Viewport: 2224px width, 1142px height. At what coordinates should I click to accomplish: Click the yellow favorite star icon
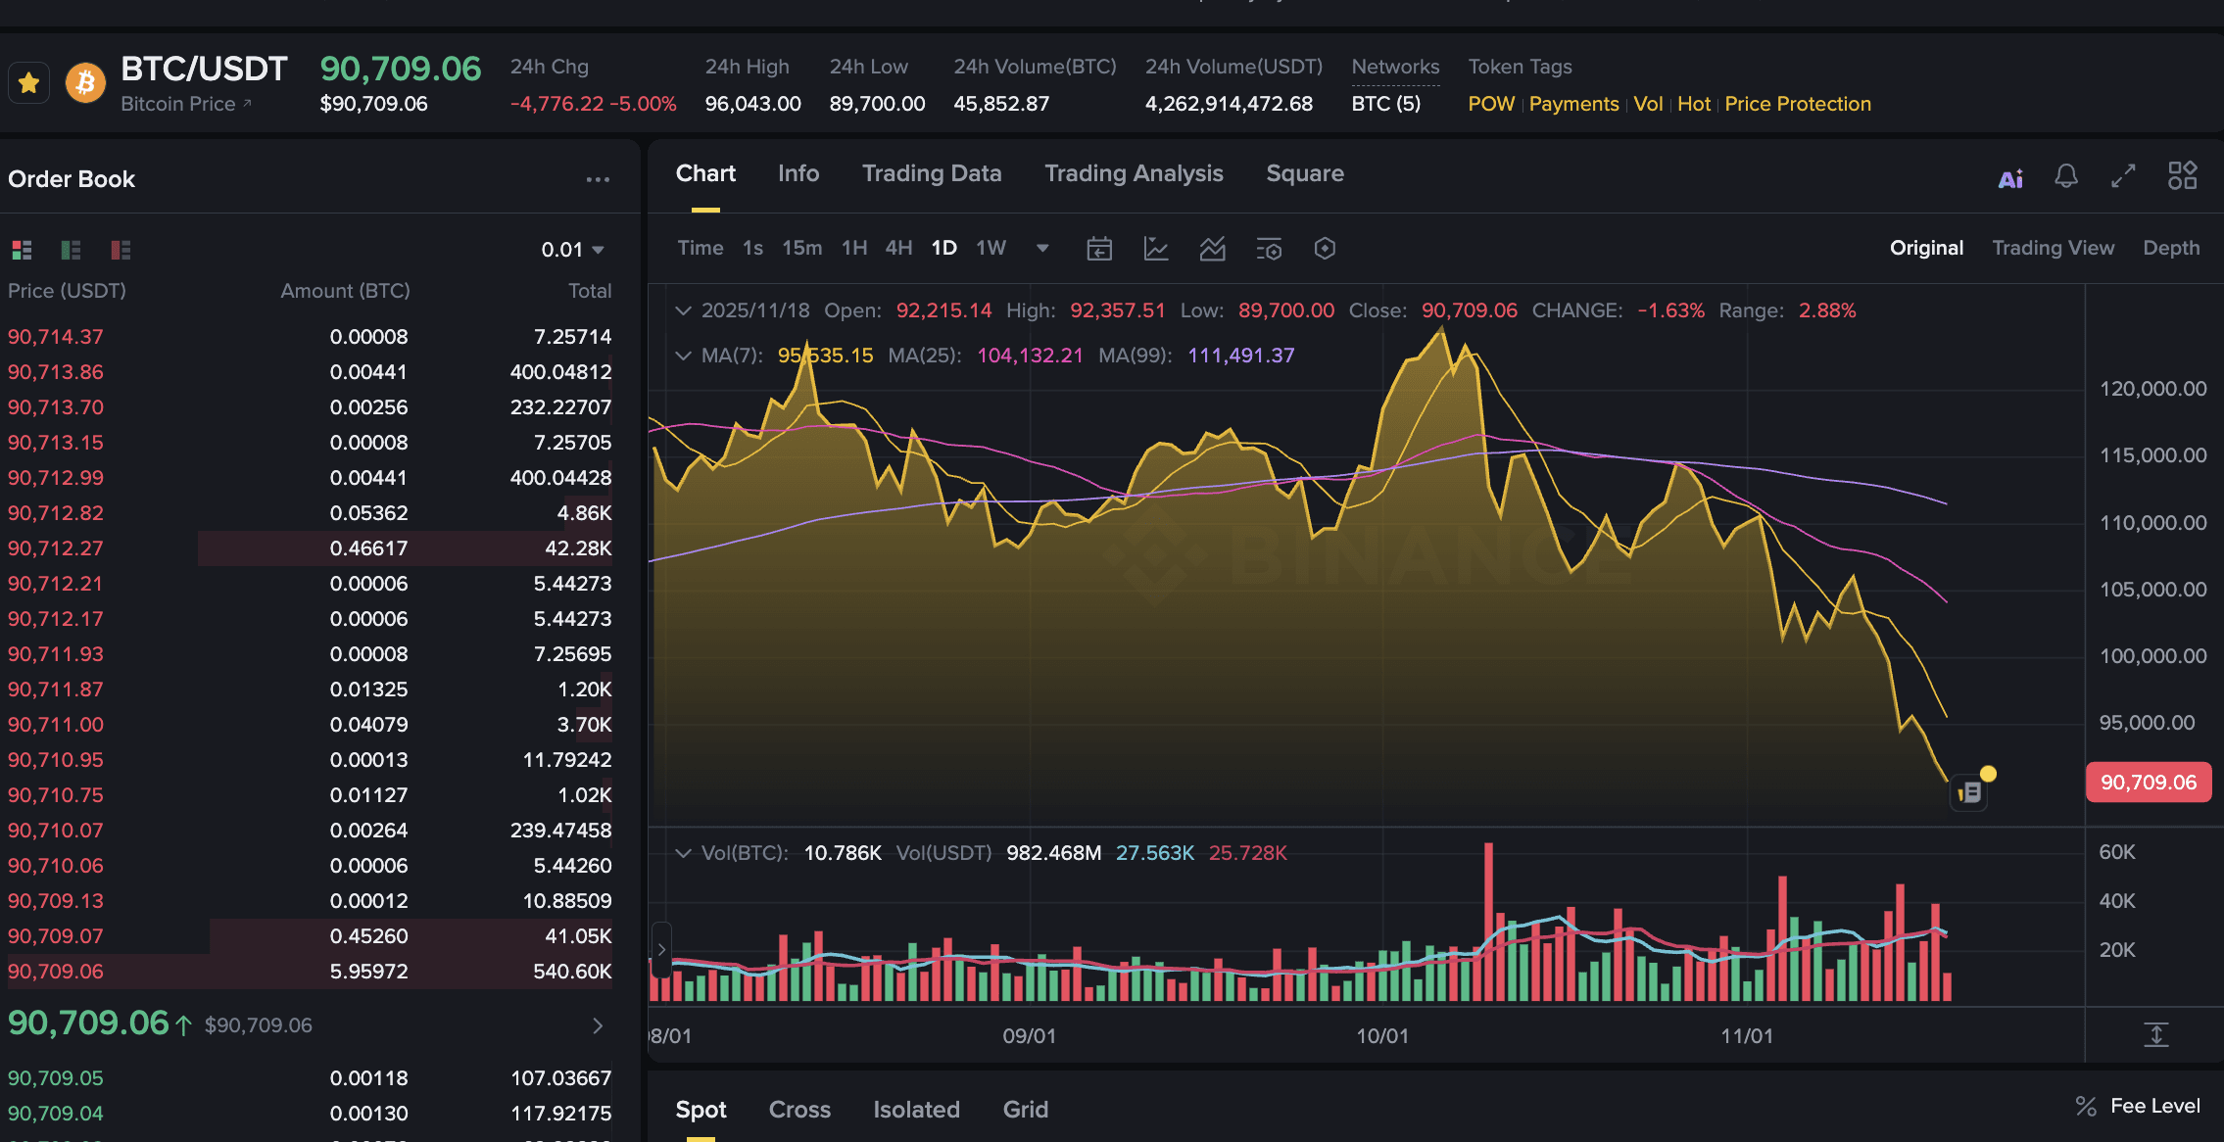(28, 83)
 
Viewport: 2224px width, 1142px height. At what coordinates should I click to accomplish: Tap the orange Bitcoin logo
(85, 83)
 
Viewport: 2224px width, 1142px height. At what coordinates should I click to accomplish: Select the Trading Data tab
(931, 173)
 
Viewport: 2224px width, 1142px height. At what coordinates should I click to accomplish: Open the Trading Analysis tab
(1133, 173)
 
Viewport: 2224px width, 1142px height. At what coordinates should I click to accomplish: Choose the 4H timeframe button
(897, 248)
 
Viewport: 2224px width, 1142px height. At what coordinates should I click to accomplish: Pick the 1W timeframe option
(990, 248)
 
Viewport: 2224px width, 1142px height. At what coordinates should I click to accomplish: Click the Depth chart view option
(2170, 248)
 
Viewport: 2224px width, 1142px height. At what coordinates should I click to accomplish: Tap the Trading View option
(2053, 248)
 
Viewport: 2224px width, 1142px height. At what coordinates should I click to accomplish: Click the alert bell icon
(2065, 176)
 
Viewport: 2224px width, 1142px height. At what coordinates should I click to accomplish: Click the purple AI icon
(2009, 178)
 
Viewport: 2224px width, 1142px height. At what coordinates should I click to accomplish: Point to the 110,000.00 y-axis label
(2152, 523)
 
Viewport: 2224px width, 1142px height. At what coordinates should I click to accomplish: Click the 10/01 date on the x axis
(1381, 1036)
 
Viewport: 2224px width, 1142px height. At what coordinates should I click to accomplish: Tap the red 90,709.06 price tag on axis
(2148, 783)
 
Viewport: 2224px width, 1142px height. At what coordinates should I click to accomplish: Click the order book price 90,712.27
(56, 548)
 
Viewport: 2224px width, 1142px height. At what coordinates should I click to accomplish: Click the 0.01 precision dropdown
(572, 250)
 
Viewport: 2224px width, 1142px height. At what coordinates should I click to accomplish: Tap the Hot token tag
(1693, 104)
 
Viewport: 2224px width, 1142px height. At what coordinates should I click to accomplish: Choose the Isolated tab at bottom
(916, 1110)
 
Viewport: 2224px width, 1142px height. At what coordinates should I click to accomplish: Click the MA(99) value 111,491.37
(1240, 356)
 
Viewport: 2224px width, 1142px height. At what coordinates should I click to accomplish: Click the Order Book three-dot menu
(598, 179)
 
